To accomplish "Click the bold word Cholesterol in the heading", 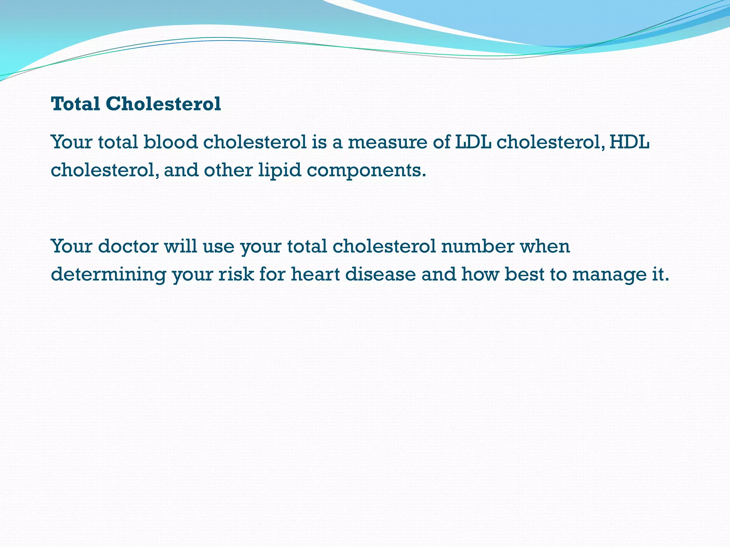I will [163, 104].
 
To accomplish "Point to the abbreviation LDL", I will [473, 142].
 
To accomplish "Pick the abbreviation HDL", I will [629, 142].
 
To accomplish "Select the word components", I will [366, 171].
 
